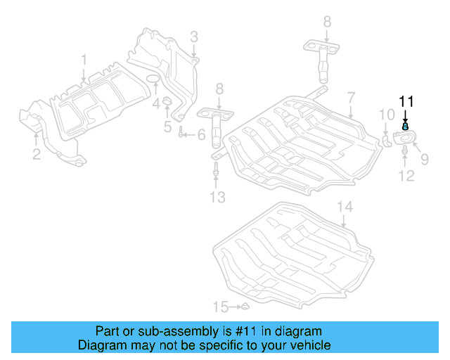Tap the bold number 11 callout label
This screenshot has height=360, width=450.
click(406, 101)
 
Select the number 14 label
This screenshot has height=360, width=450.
click(343, 207)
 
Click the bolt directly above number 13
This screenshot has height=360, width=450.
click(216, 170)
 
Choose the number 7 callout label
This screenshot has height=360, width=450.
click(350, 98)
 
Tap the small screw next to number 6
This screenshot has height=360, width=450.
click(181, 134)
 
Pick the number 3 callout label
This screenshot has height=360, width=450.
click(193, 37)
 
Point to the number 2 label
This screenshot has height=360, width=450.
click(37, 155)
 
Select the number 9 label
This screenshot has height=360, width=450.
click(424, 160)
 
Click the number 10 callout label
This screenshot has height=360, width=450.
click(387, 115)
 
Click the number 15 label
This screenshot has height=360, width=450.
click(221, 307)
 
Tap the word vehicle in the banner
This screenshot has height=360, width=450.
click(308, 345)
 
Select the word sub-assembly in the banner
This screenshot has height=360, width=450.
click(179, 331)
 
